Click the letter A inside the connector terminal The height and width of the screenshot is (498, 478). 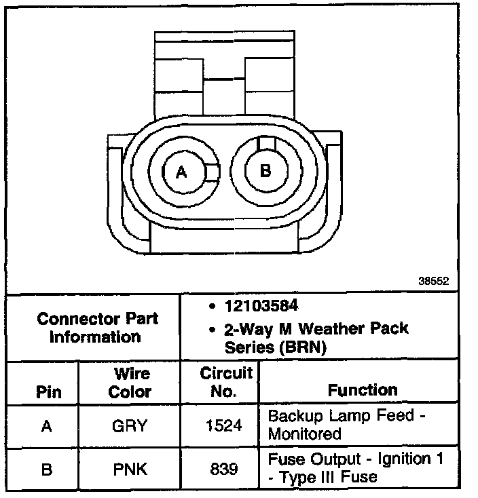[181, 172]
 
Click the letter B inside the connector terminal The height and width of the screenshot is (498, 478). [265, 171]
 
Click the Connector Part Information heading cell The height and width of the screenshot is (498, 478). [97, 327]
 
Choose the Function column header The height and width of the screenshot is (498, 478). [363, 390]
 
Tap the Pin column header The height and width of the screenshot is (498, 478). [48, 391]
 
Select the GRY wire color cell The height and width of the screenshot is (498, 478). [130, 427]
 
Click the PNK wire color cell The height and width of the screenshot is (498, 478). [130, 469]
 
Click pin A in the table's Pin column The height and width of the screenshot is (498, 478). [47, 427]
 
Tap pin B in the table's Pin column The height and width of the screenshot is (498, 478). [47, 469]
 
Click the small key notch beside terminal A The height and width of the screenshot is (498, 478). [213, 172]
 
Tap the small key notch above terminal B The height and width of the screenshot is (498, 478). [265, 143]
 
